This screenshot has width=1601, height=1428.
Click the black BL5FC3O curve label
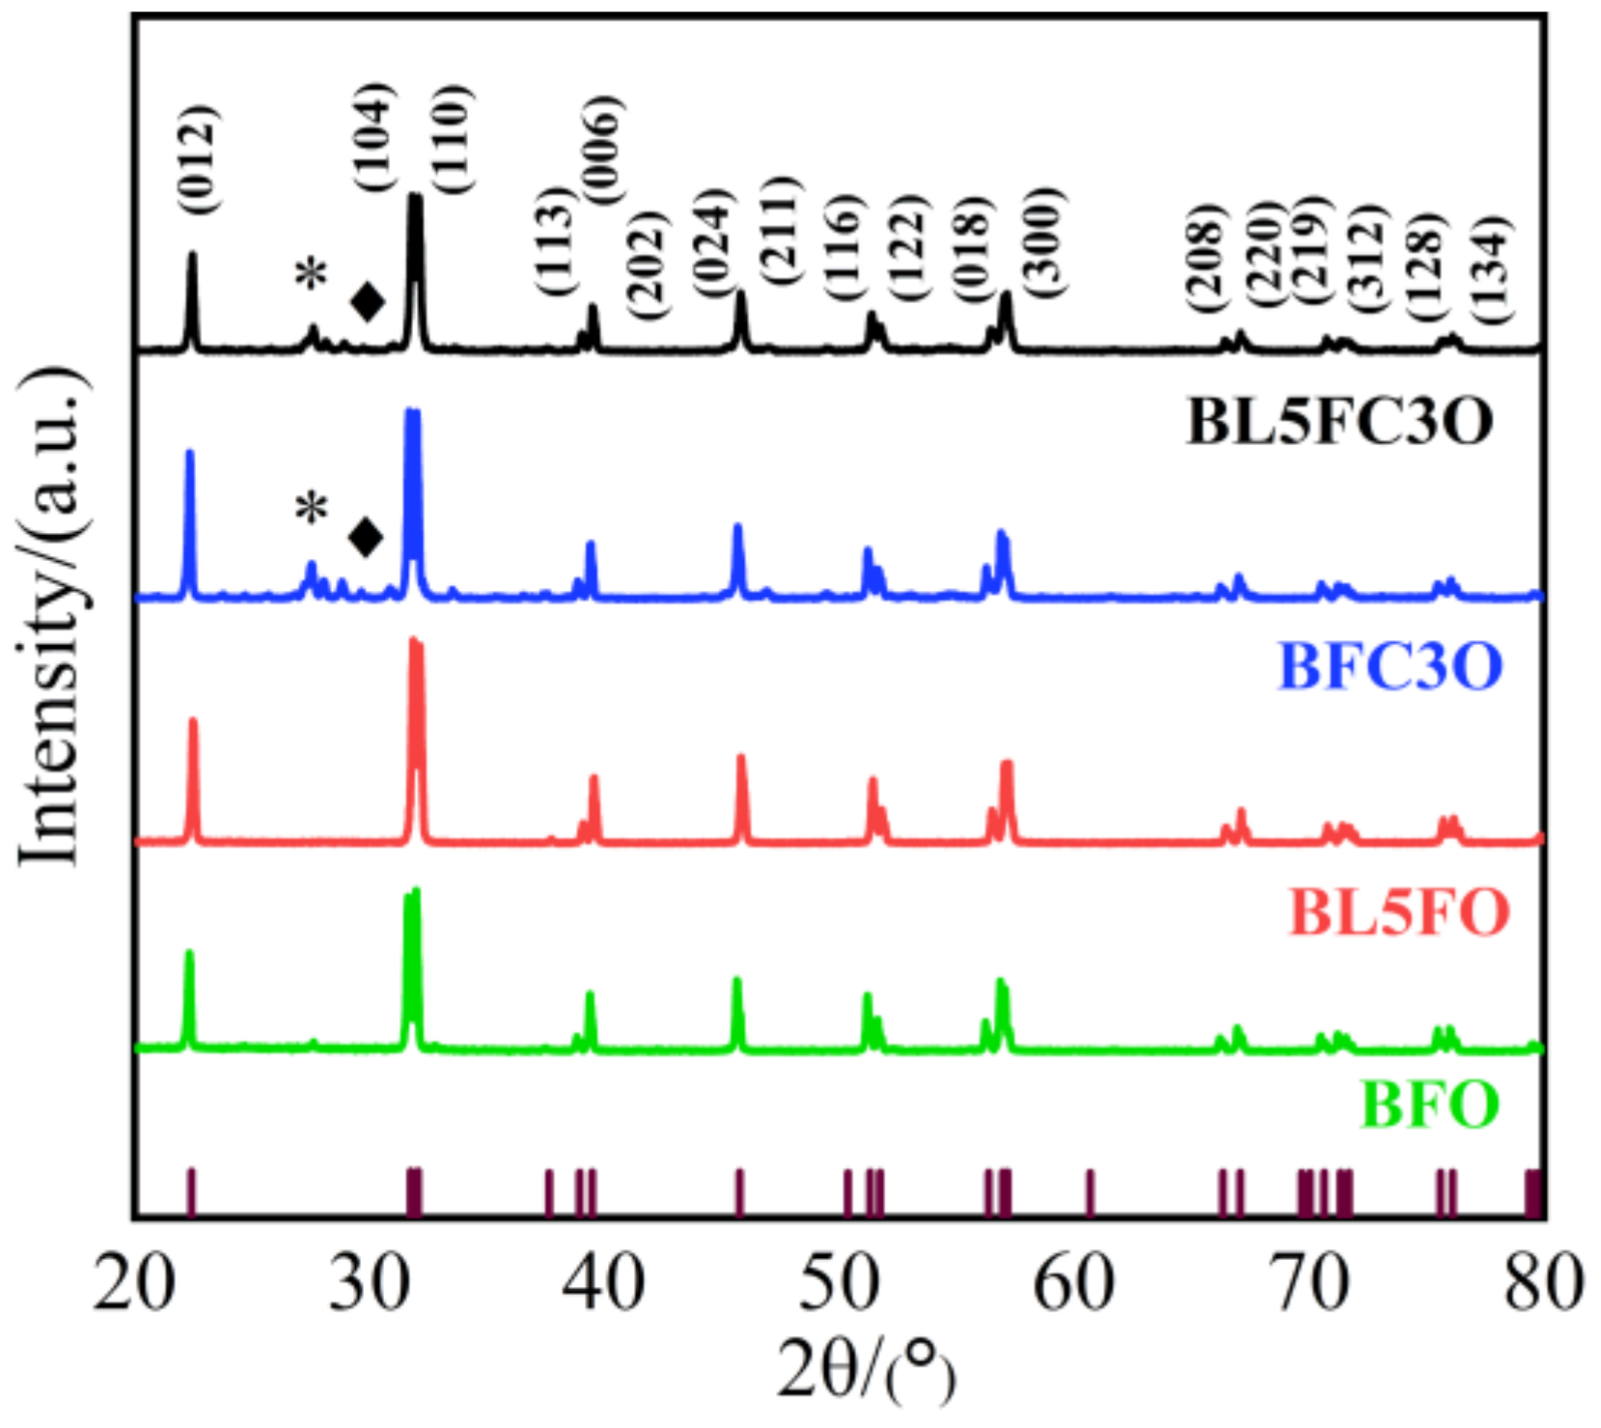[1339, 422]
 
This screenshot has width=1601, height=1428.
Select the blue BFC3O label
[1390, 665]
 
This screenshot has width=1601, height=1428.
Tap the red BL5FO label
[1398, 910]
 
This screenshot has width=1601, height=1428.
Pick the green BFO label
[1429, 1104]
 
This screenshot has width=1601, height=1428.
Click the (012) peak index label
[199, 159]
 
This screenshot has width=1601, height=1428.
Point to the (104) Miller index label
[374, 136]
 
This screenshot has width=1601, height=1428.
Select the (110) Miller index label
[451, 139]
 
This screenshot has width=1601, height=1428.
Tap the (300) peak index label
[1043, 241]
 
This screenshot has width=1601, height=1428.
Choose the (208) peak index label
[1205, 258]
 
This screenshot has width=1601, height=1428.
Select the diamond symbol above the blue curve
[366, 537]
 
